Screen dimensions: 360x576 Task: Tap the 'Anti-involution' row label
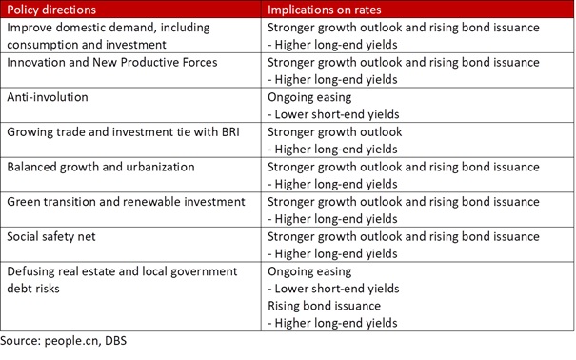(x=50, y=97)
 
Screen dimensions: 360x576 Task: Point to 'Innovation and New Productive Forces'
(x=112, y=62)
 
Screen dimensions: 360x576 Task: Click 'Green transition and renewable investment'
(x=126, y=202)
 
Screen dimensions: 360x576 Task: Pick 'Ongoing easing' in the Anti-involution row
(x=309, y=97)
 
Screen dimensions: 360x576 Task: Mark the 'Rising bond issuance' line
(x=325, y=306)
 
